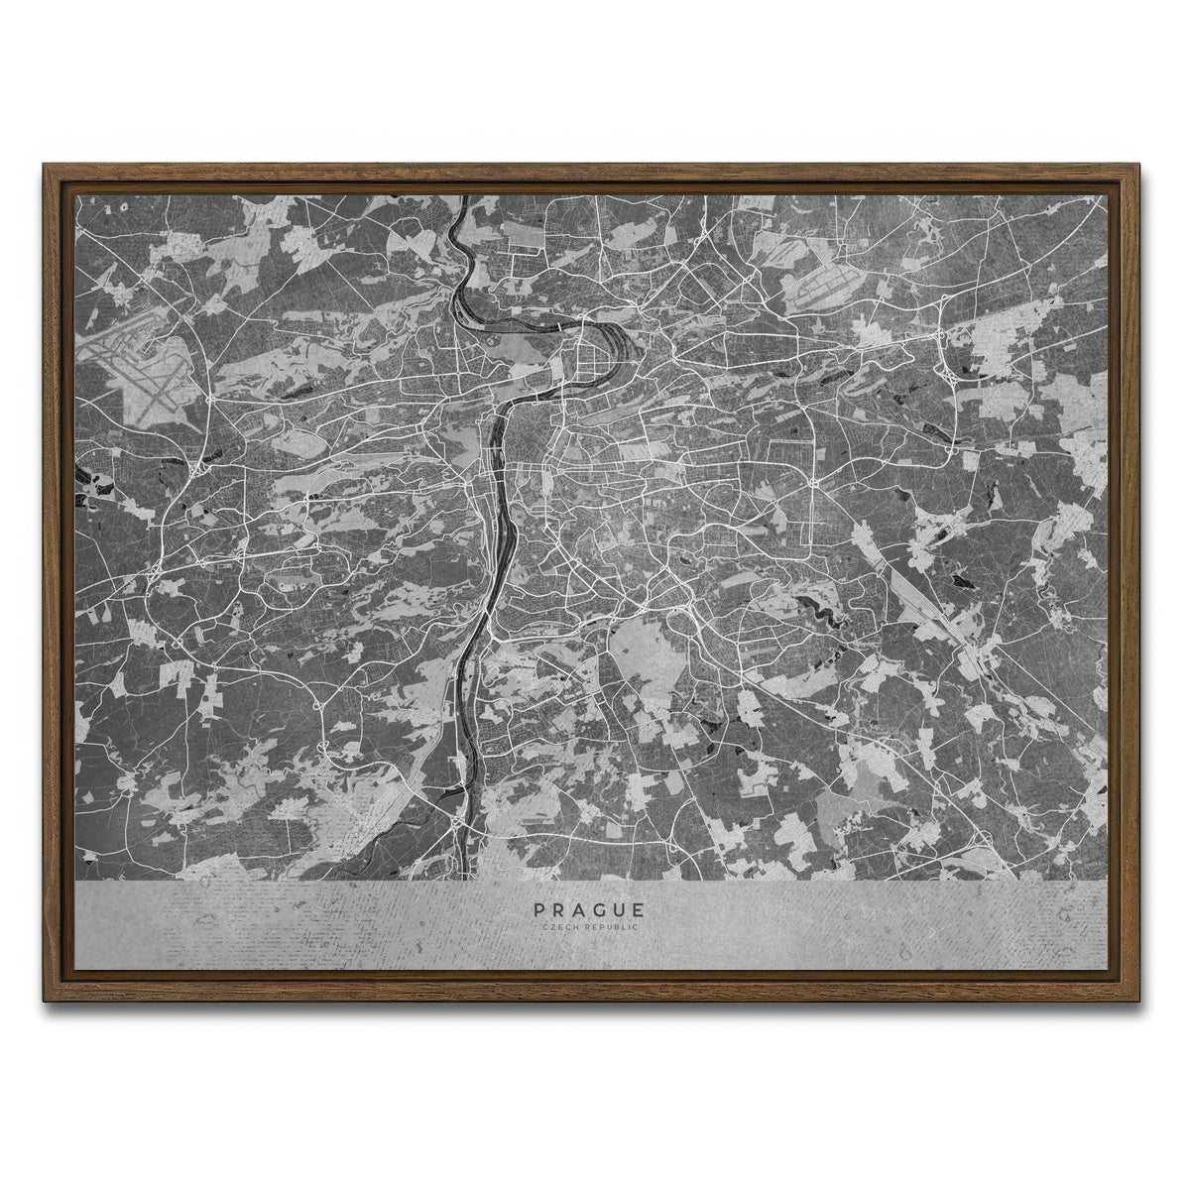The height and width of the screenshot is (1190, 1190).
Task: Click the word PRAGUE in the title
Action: pos(589,908)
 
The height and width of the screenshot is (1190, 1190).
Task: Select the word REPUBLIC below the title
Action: pos(609,927)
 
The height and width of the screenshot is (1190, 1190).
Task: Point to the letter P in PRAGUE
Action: pos(538,908)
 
